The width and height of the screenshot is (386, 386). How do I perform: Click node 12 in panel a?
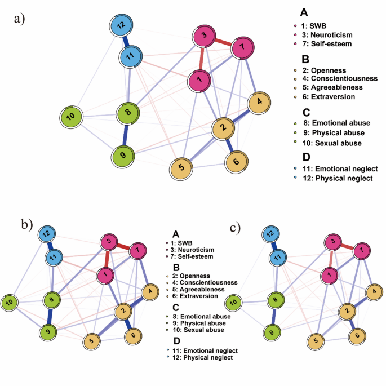[120, 26]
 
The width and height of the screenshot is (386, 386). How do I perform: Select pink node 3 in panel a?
[204, 38]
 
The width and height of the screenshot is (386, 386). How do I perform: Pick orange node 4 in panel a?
[259, 102]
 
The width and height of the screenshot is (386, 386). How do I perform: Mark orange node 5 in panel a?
[181, 167]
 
